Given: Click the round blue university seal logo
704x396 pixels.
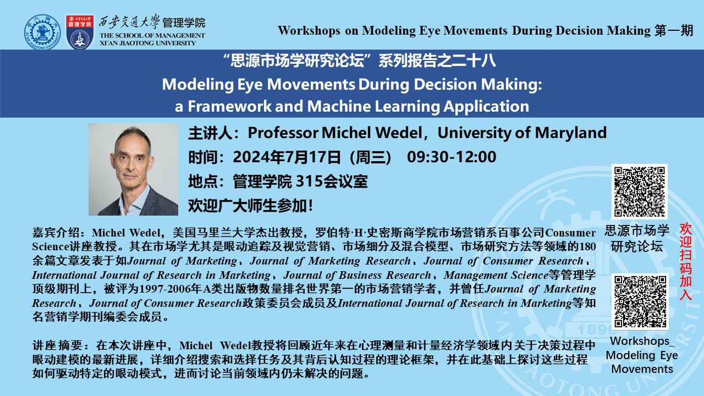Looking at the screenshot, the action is [x=42, y=32].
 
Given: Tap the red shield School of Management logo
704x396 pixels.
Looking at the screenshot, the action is [x=80, y=32].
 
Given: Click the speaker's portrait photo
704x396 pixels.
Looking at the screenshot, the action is [x=133, y=169].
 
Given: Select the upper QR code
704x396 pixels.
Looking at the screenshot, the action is [x=640, y=192].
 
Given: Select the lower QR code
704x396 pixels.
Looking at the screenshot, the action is [x=640, y=302].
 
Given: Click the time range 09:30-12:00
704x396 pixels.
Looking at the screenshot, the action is [x=452, y=157].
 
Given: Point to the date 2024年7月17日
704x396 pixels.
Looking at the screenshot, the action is [x=287, y=157].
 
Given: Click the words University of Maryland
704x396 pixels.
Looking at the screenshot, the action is [x=522, y=133].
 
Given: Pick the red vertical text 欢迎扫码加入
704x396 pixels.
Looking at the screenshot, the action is [x=685, y=261].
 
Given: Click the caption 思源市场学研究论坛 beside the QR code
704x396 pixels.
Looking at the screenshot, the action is [x=637, y=239].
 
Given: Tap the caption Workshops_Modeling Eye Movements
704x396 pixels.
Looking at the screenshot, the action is [x=641, y=355].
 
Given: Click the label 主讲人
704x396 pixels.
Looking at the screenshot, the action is [x=210, y=133].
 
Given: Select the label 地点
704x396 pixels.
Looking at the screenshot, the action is [x=203, y=182].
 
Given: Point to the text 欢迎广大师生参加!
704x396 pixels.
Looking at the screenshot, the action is [x=250, y=206].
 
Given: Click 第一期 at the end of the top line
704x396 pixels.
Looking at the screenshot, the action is [x=674, y=30].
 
